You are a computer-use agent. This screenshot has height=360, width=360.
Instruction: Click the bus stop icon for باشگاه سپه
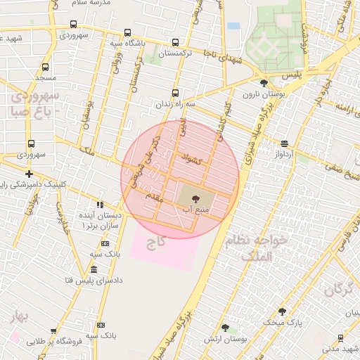tap(127, 33)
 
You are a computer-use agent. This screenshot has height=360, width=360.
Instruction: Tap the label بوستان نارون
tap(262, 94)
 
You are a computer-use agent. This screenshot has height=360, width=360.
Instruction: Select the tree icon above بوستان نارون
tap(263, 83)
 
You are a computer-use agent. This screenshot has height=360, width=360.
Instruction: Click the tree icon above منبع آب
tap(195, 200)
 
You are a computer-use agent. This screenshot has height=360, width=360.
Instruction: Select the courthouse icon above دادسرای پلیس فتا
tap(94, 270)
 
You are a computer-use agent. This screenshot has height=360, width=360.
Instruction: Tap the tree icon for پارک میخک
tap(282, 311)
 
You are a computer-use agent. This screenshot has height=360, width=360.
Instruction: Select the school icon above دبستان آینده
tap(101, 205)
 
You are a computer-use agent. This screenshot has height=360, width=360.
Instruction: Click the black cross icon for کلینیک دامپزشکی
tap(29, 173)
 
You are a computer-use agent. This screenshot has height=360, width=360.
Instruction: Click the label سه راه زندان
tap(176, 103)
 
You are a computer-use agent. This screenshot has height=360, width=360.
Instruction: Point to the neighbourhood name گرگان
tap(338, 288)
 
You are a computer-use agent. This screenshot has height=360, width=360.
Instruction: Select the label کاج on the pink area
tap(155, 243)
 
